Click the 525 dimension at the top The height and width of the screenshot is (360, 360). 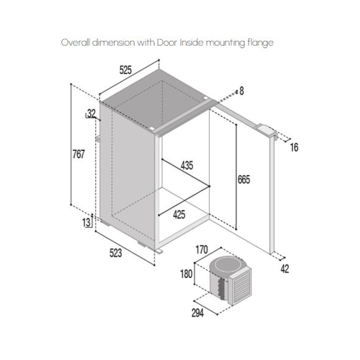pos(126,70)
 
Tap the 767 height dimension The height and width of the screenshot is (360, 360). pos(78,154)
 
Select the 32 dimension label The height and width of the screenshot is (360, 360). pos(91,113)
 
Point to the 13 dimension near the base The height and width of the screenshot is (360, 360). pos(86,222)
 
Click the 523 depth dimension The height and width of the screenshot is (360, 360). pos(116,253)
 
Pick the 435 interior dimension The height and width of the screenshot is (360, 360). pos(187,165)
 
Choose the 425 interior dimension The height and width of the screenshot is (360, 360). pos(179,215)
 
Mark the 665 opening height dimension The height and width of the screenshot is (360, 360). pos(244,180)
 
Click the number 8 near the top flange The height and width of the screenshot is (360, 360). pos(242,91)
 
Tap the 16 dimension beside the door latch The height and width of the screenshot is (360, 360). pos(294,147)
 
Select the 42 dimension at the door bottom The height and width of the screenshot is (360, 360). pos(285,269)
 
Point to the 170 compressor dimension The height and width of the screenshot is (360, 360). pos(202,250)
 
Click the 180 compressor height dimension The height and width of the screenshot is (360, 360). pos(186,274)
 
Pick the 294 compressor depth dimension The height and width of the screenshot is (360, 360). pos(197,313)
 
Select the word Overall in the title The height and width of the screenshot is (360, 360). pos(75,42)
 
